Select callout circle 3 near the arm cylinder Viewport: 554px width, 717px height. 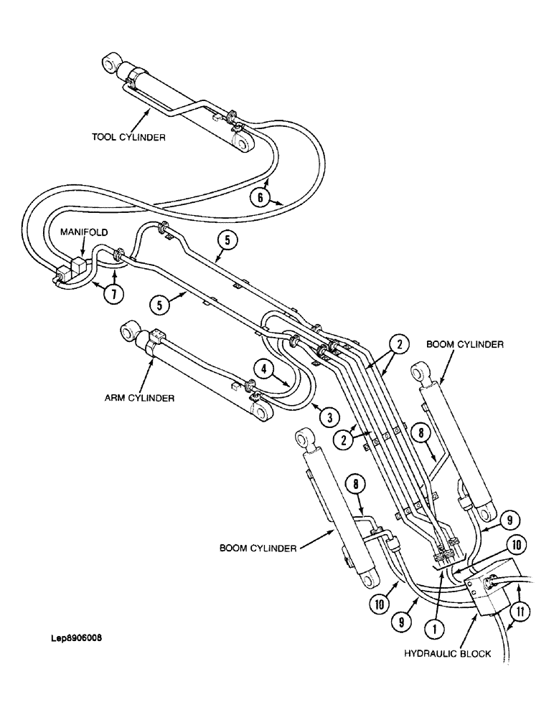328,415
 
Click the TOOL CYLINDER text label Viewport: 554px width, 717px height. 128,138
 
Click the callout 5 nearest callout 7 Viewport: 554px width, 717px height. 160,305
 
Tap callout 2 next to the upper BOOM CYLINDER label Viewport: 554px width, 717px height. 400,343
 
